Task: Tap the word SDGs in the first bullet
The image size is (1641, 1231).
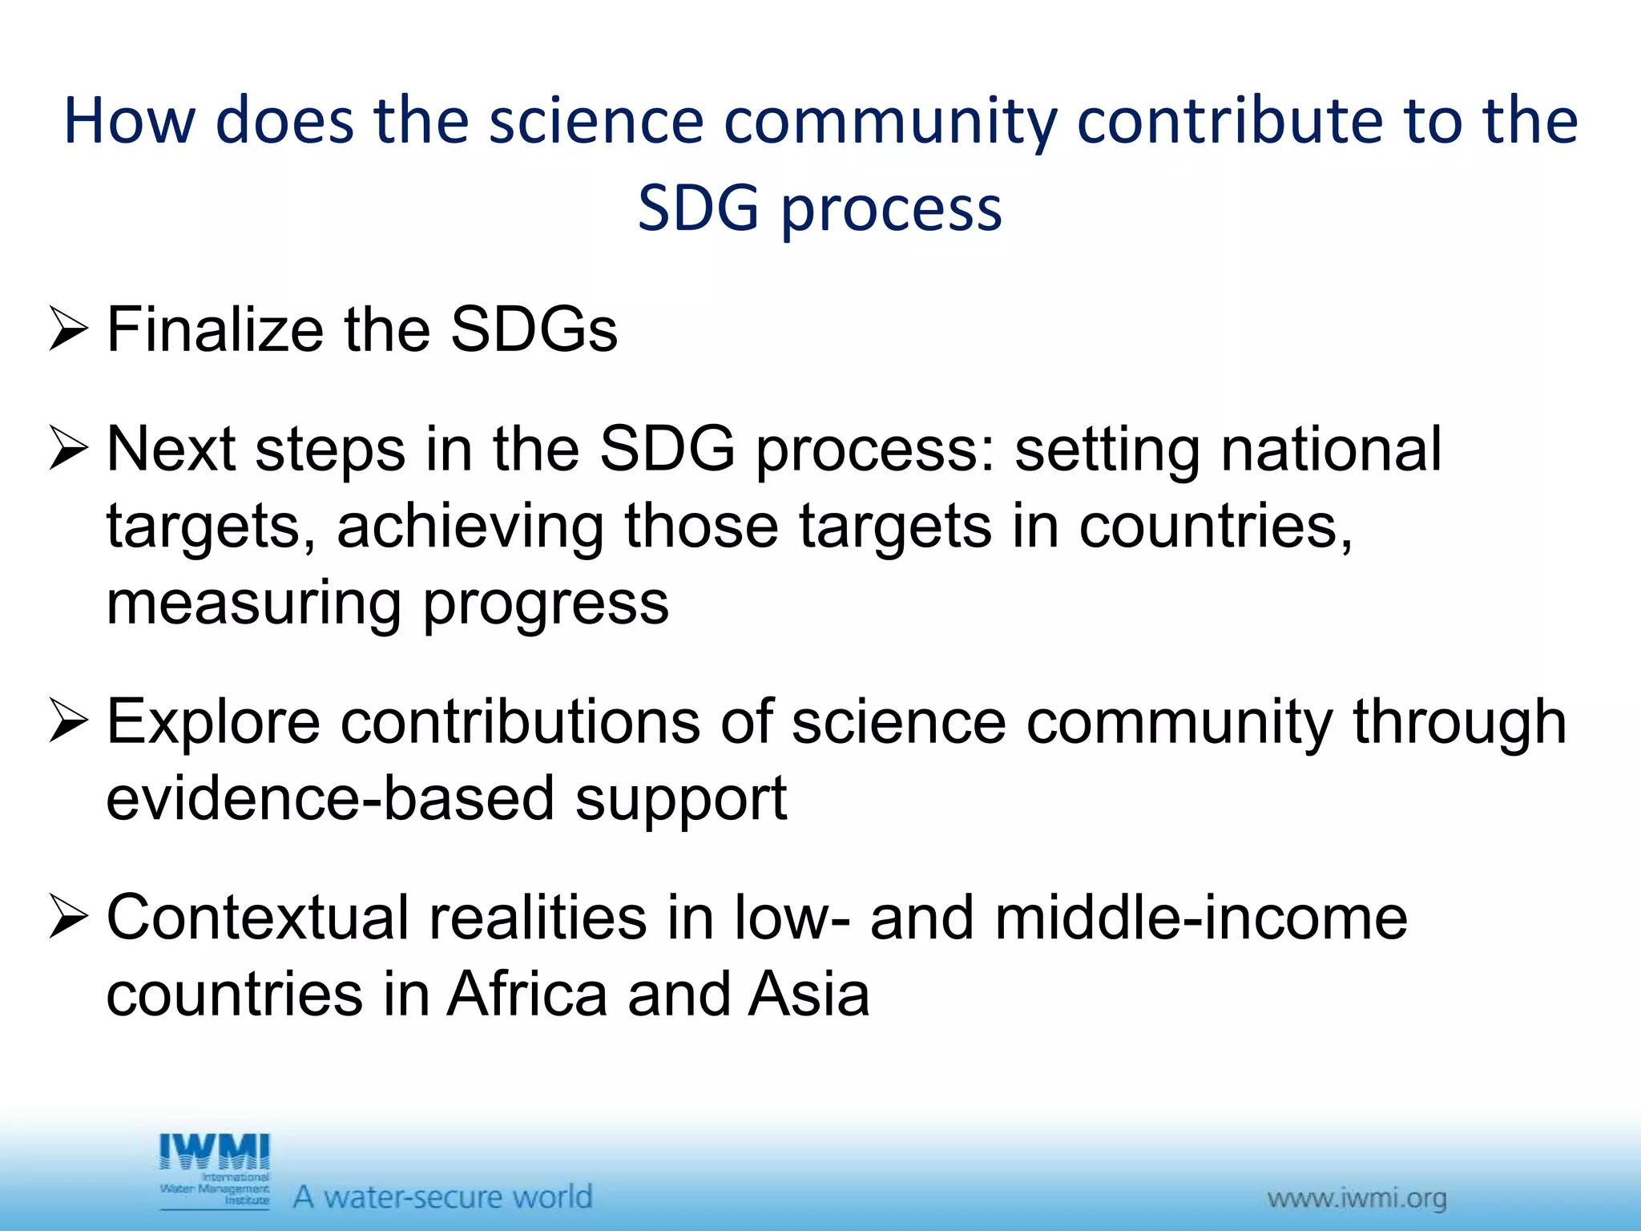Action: tap(534, 329)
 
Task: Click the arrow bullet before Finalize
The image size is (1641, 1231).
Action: tap(67, 329)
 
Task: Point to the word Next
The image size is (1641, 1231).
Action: tap(170, 449)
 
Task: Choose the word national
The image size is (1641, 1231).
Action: tap(1331, 449)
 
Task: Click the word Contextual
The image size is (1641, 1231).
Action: tap(257, 918)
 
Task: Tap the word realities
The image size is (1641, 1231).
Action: tap(538, 918)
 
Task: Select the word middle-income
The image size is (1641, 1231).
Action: tap(1201, 918)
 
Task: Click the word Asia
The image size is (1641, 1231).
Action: tap(809, 995)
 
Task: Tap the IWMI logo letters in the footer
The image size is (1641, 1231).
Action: tap(215, 1152)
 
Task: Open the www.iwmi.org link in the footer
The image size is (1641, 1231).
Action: tap(1357, 1198)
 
